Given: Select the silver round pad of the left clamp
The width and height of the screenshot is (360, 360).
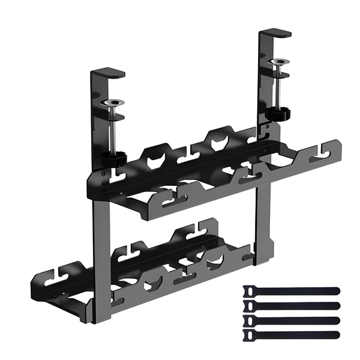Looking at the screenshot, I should pyautogui.click(x=112, y=103).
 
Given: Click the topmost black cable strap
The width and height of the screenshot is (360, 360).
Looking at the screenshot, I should pyautogui.click(x=291, y=290).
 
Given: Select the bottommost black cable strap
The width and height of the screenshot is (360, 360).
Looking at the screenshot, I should pyautogui.click(x=291, y=334).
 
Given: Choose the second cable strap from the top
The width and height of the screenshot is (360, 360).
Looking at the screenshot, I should pyautogui.click(x=291, y=305).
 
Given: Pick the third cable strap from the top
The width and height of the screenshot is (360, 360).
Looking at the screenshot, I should pyautogui.click(x=291, y=319).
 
